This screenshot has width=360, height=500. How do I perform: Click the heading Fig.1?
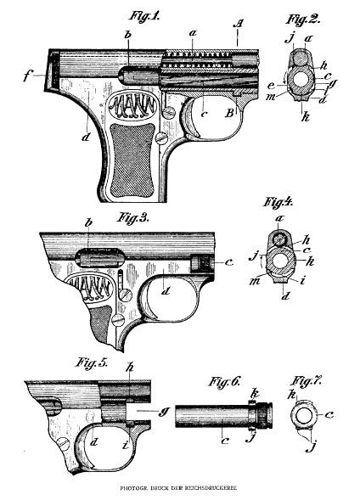(x=144, y=14)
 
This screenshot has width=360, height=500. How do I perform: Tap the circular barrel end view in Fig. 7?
(x=304, y=417)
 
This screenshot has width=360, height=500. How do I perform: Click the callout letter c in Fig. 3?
(x=229, y=261)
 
